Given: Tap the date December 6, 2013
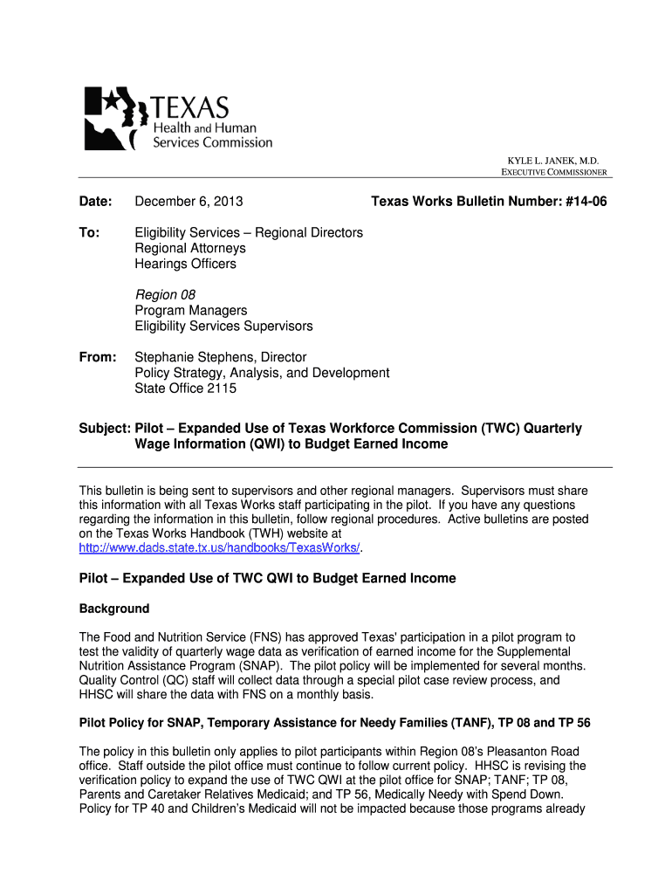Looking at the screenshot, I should [189, 203].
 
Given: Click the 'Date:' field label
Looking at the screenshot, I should [96, 203].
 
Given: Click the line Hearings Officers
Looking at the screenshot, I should [185, 264].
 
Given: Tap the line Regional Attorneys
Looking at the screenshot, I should [190, 249].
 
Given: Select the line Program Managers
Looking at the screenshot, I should [190, 311].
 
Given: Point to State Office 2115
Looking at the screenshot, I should [185, 389].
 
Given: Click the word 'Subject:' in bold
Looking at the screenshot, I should [105, 429].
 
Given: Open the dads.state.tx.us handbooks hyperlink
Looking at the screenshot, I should [219, 547].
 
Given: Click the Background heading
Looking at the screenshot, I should [114, 609].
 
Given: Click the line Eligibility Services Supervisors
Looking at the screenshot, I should [223, 327].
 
